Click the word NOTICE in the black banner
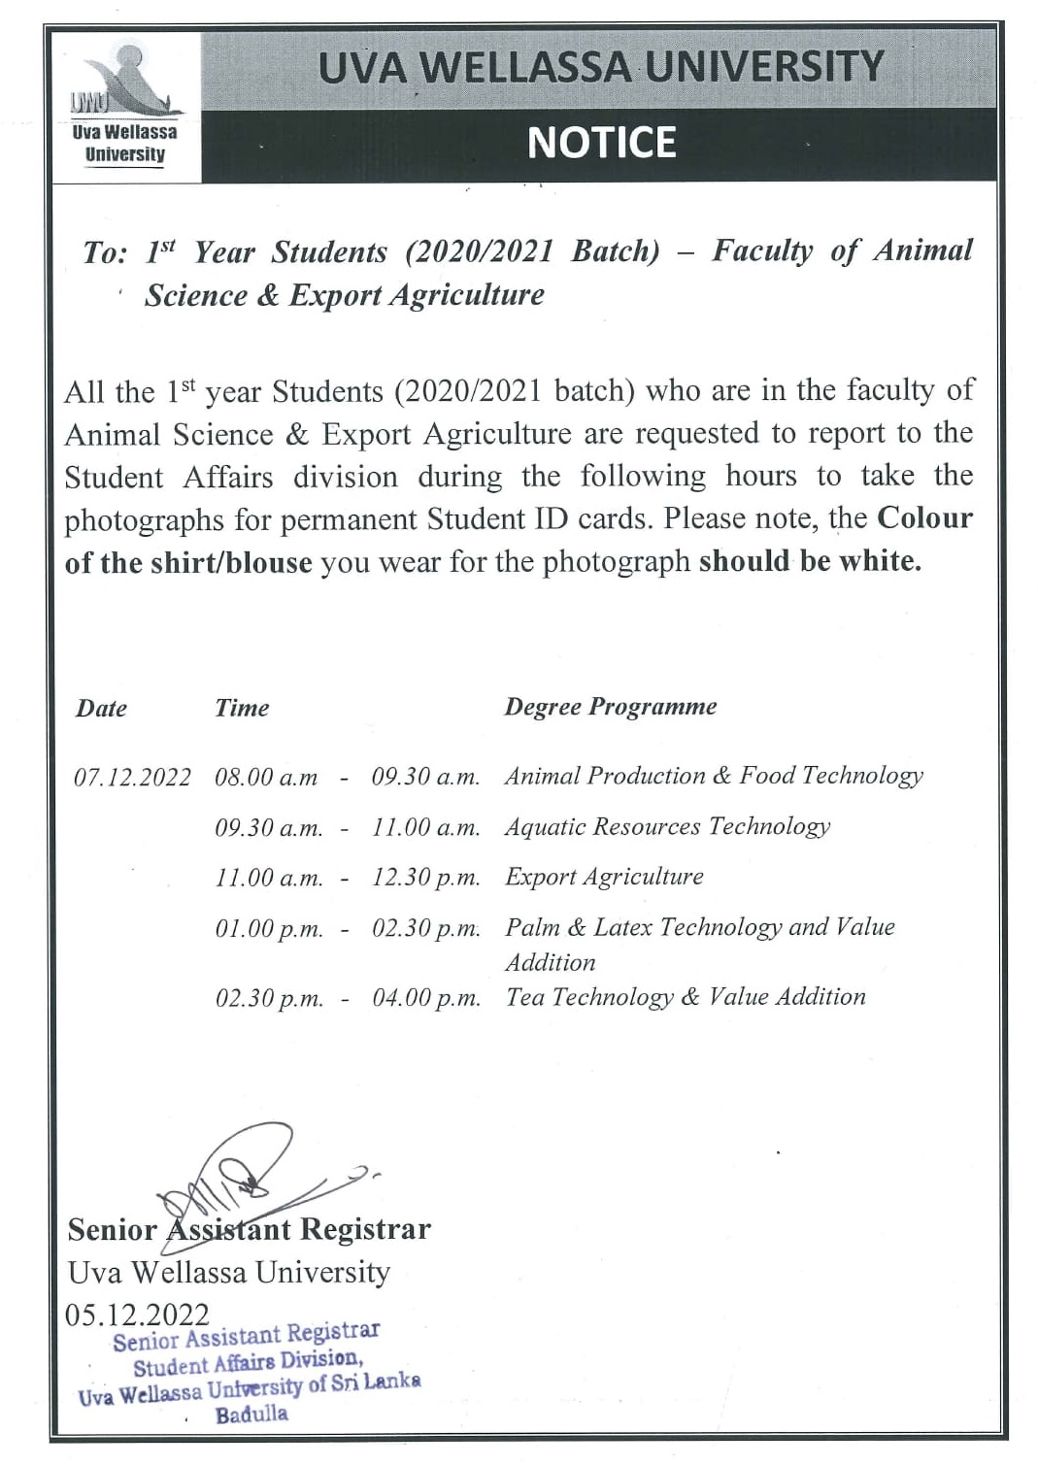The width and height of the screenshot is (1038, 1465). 601,143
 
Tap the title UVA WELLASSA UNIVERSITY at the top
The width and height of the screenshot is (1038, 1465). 601,66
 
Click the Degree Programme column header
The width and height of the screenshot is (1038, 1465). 610,707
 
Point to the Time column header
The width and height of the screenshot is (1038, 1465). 242,708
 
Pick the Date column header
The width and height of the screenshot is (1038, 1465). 102,709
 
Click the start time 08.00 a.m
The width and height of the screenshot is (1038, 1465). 266,778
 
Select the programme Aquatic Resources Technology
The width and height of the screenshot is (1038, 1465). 667,826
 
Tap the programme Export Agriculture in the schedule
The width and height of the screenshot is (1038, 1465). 604,877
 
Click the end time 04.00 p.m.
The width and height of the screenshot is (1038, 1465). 426,998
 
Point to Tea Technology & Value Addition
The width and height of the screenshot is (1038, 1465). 685,997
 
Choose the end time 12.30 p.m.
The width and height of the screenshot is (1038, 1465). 426,878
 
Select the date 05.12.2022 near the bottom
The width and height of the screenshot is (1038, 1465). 137,1315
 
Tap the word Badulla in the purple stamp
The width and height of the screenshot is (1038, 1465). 251,1415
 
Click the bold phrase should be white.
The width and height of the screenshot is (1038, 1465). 810,561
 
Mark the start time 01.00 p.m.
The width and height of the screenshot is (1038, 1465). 269,929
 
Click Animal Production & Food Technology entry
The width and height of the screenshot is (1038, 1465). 714,776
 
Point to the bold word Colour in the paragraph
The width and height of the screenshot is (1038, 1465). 923,517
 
